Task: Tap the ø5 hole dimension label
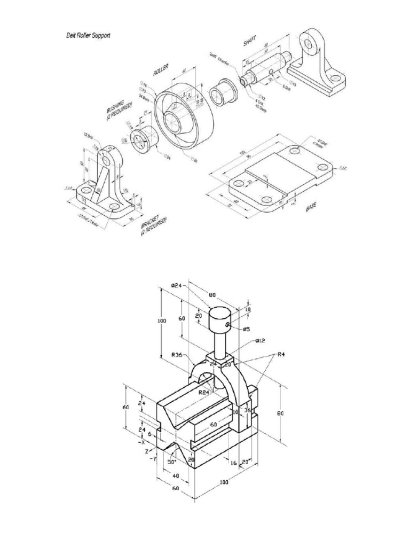(246, 330)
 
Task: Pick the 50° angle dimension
(172, 461)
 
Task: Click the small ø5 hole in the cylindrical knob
(228, 324)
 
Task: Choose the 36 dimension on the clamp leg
(247, 411)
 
